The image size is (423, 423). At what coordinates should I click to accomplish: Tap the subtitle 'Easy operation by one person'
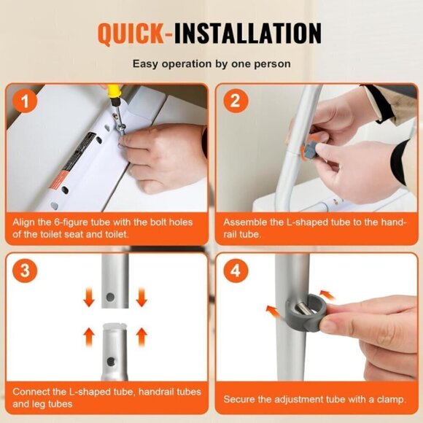coord(211,64)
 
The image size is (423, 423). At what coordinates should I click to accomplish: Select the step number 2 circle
coord(234,102)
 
